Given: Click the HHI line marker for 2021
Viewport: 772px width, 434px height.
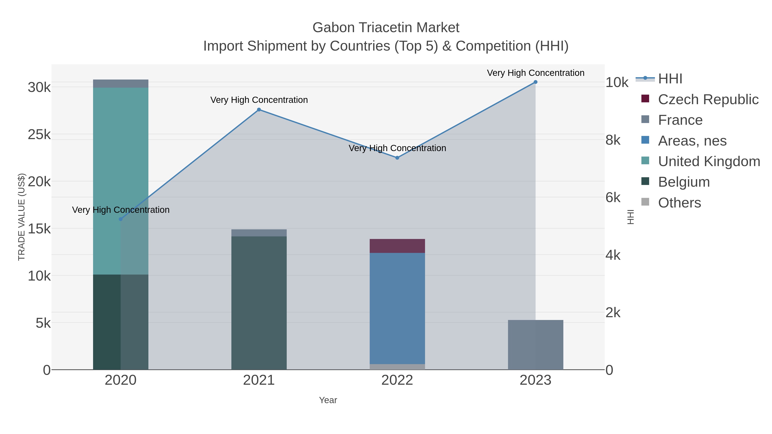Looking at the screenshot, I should pyautogui.click(x=259, y=110).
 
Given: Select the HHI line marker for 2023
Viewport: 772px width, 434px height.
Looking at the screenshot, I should pyautogui.click(x=535, y=82).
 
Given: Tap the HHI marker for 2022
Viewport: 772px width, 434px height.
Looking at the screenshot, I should pyautogui.click(x=397, y=158).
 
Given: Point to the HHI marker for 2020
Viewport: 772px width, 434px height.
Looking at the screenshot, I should pyautogui.click(x=121, y=219).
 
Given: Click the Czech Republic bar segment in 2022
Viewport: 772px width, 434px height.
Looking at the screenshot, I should pyautogui.click(x=397, y=246).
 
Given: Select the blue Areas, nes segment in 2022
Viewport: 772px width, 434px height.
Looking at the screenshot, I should pyautogui.click(x=397, y=308).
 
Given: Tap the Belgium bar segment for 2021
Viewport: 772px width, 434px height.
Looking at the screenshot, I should pyautogui.click(x=259, y=302).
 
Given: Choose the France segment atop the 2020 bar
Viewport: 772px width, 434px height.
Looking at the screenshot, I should pyautogui.click(x=121, y=84).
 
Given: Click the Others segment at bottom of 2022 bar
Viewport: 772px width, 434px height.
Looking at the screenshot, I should pyautogui.click(x=397, y=367).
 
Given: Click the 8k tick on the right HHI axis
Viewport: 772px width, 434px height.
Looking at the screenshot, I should pyautogui.click(x=613, y=140).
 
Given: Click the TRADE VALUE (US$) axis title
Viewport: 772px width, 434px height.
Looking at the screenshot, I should pyautogui.click(x=22, y=217).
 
